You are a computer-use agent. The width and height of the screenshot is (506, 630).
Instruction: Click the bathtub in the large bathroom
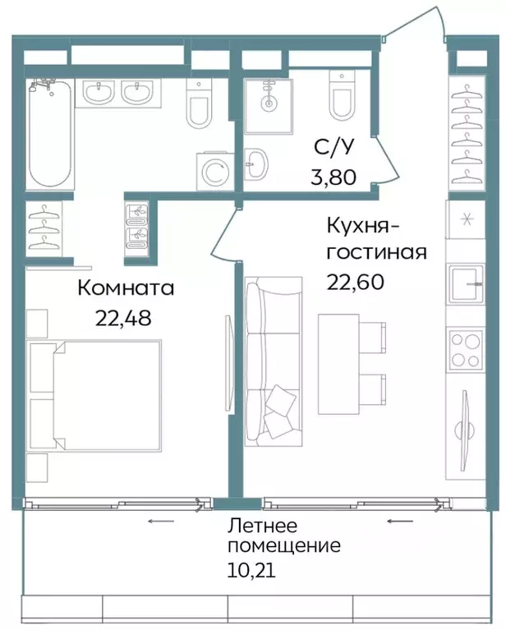click(x=49, y=136)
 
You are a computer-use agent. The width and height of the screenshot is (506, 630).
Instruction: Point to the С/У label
click(x=334, y=147)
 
